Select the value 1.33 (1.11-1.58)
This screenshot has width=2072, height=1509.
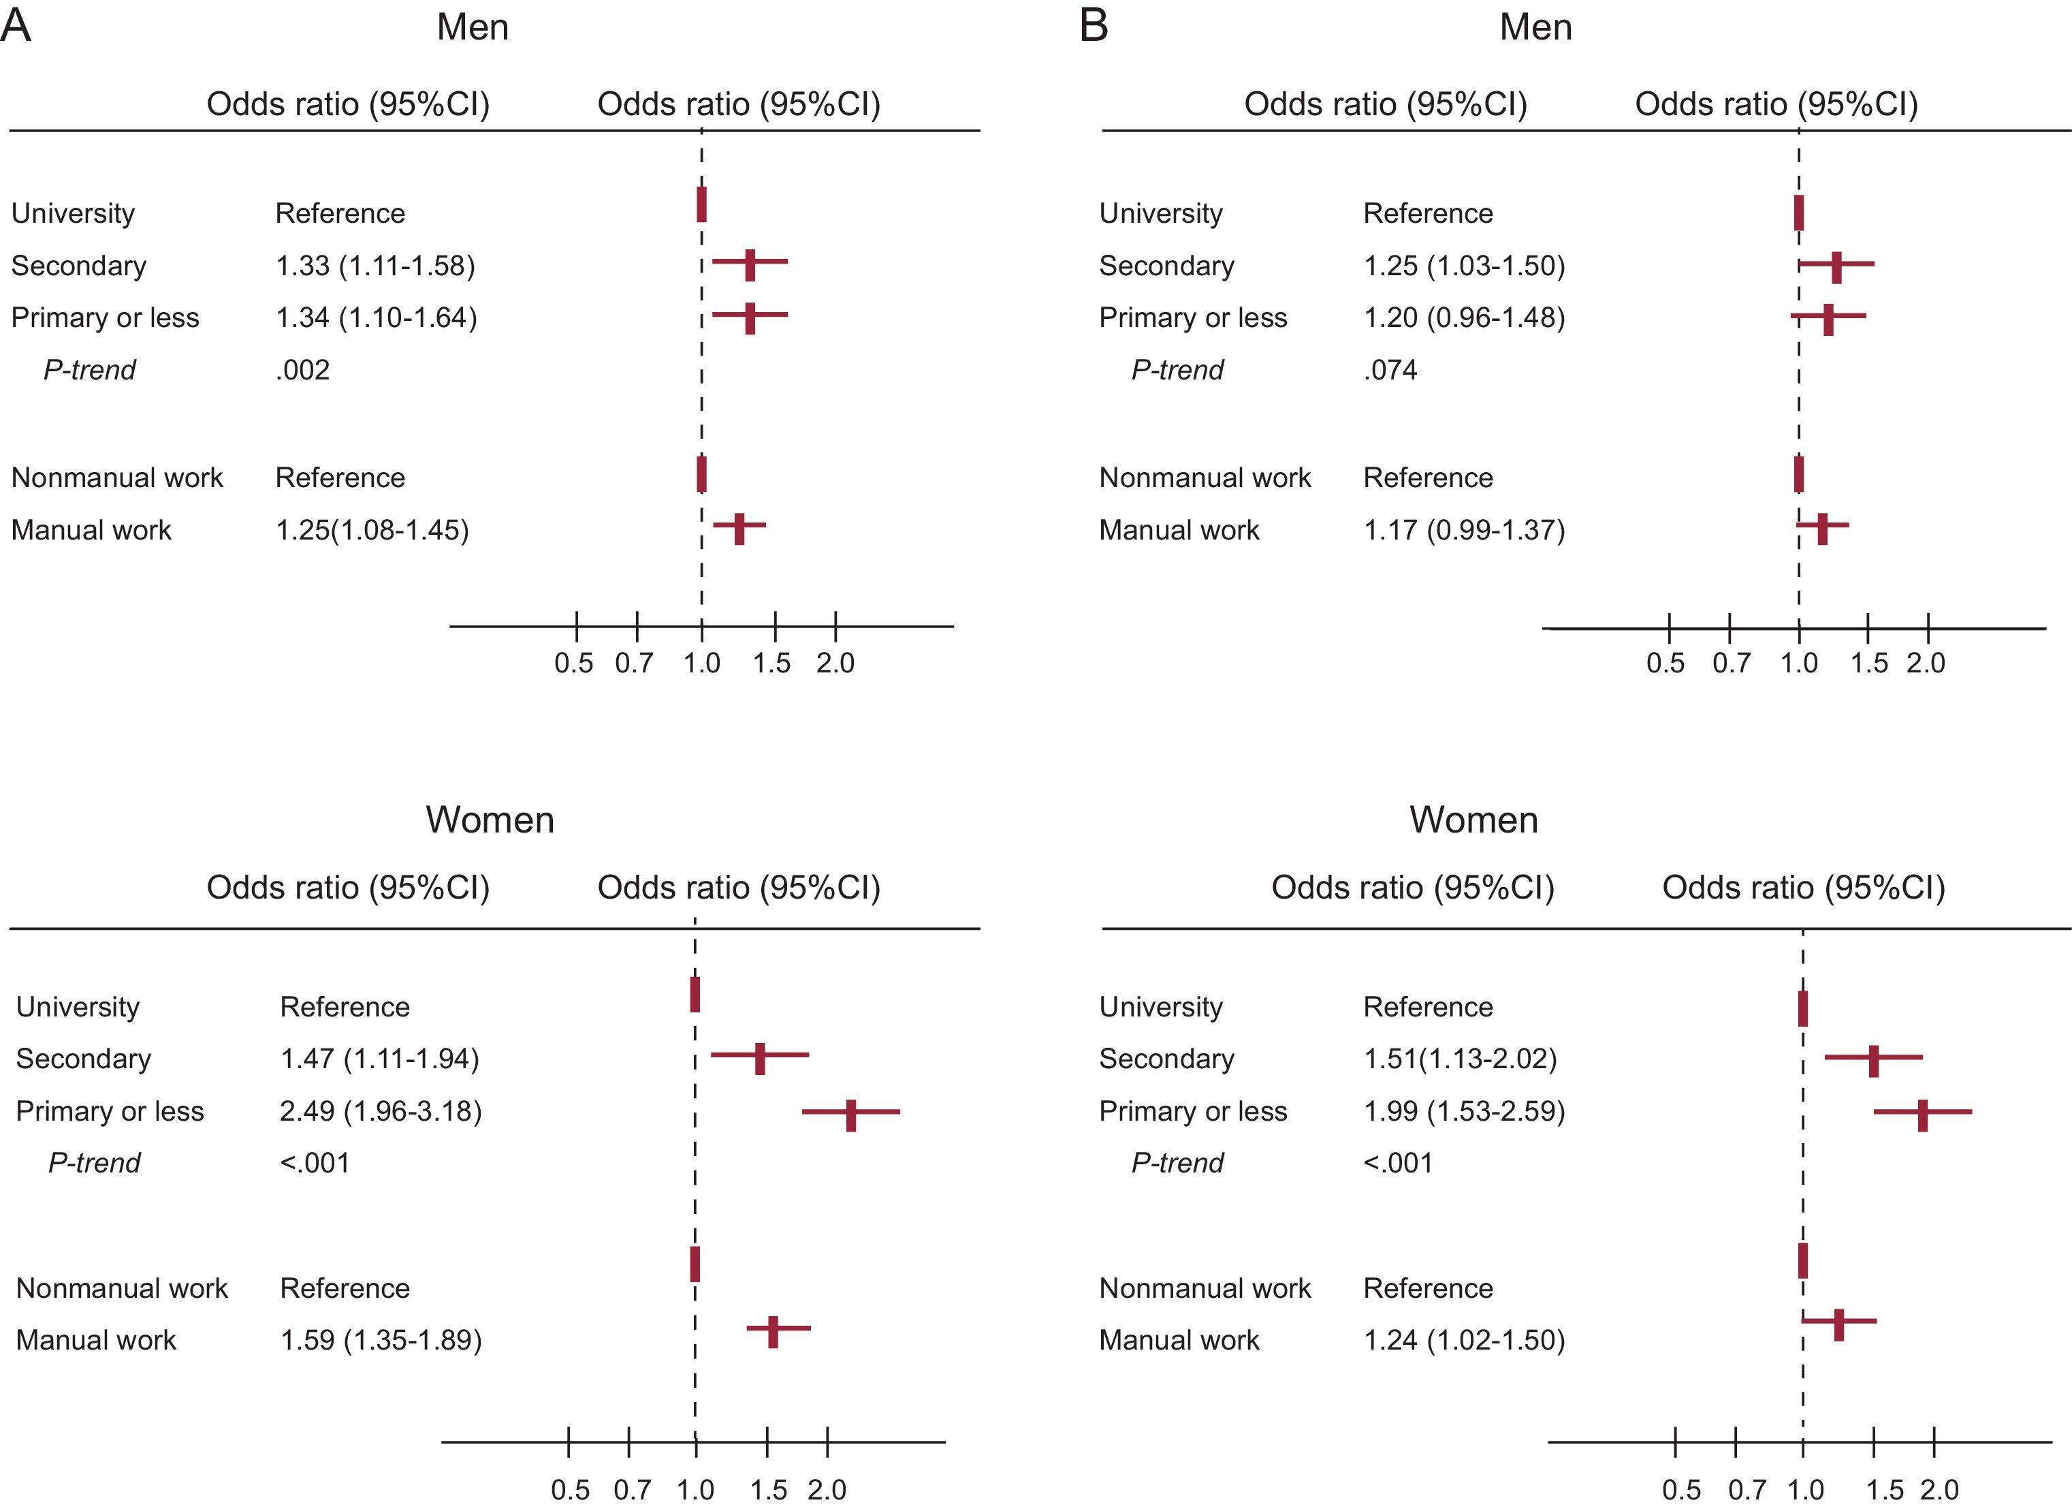[375, 266]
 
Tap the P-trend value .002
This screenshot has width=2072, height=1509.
[302, 370]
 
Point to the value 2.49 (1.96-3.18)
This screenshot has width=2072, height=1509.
[380, 1111]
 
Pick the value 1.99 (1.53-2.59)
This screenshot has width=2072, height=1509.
[1463, 1111]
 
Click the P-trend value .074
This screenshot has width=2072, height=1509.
[1390, 370]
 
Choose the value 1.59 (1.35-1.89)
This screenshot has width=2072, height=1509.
[380, 1340]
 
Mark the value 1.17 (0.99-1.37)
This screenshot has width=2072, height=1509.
[1463, 530]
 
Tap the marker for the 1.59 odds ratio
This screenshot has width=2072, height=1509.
[773, 1332]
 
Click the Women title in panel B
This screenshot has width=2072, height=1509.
[1473, 820]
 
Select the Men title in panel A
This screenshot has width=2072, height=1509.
[473, 27]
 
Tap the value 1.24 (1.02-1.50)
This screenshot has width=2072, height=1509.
[1463, 1340]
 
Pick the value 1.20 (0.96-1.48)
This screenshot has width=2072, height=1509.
[1463, 318]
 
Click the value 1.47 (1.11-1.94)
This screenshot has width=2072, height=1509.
[379, 1059]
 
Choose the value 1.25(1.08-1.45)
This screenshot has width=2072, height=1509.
[372, 530]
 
